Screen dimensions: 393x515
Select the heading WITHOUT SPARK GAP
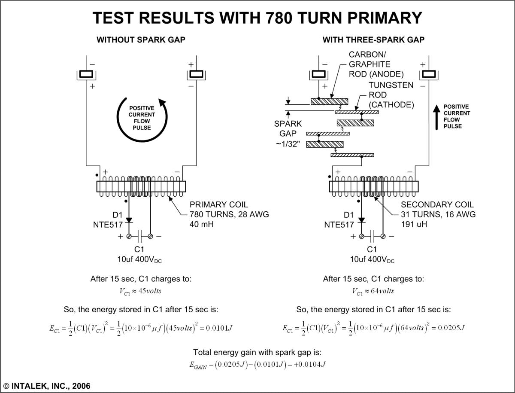[141, 40]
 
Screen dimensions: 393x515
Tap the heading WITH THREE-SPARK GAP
[373, 40]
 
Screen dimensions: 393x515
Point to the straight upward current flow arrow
[436, 116]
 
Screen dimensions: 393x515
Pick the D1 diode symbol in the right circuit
[361, 220]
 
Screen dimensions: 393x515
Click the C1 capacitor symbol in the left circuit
[139, 236]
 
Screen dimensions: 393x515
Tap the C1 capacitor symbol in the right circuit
[372, 236]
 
